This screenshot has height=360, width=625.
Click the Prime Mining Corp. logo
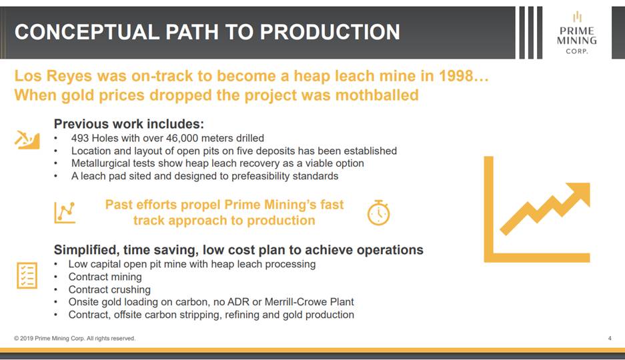tap(576, 33)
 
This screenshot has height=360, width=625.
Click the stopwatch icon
tap(378, 213)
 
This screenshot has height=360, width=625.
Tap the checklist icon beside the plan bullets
tap(27, 275)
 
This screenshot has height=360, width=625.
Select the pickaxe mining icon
tap(27, 140)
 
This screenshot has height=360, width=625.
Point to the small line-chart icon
tap(65, 212)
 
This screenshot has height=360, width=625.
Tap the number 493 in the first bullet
tap(80, 138)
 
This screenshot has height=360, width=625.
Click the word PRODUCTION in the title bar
tap(330, 32)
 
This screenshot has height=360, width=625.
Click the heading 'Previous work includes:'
tap(129, 124)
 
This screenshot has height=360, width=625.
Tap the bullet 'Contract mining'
tap(105, 277)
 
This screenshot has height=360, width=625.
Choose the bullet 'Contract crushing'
tap(109, 289)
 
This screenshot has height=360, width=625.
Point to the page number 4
tap(610, 338)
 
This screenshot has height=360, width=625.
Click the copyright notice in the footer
tap(75, 338)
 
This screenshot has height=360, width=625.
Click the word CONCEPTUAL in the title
tap(87, 32)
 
